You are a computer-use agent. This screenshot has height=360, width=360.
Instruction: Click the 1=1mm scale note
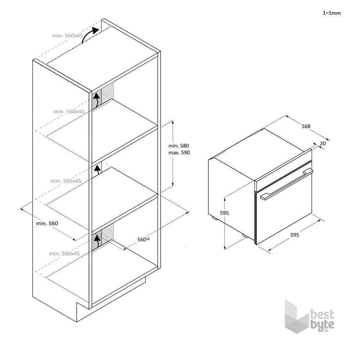[332, 13]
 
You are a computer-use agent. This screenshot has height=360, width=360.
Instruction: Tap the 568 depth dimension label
[306, 126]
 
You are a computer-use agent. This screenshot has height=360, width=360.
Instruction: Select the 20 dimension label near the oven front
[323, 144]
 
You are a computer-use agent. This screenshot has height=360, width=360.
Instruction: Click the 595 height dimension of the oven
[224, 213]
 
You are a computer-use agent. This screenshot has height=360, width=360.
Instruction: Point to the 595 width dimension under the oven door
[294, 235]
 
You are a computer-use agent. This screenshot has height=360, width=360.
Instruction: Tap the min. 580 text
[179, 146]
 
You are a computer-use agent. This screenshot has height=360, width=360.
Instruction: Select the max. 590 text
[179, 153]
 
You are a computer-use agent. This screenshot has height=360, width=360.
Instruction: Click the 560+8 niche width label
[143, 239]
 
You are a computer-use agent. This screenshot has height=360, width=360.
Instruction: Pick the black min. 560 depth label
[47, 224]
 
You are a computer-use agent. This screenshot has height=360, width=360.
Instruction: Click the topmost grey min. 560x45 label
[68, 36]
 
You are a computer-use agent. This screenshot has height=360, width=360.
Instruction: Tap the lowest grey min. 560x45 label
[64, 253]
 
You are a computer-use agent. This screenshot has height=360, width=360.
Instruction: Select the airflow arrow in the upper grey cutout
[97, 100]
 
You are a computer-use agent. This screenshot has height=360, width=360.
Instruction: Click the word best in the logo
[322, 314]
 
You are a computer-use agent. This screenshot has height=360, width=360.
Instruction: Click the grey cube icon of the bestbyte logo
[297, 316]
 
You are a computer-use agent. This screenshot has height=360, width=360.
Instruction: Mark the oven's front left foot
[245, 236]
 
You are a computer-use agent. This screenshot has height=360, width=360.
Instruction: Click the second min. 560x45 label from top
[69, 111]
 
